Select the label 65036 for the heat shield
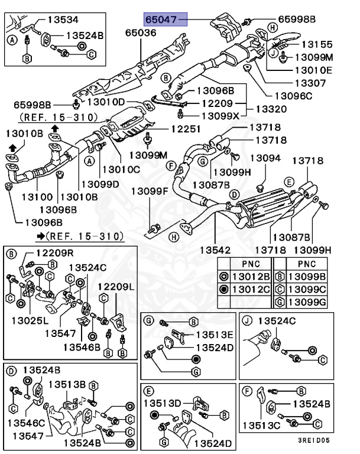pos(140,33)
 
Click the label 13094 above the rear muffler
pos(265,158)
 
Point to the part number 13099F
pos(150,190)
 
